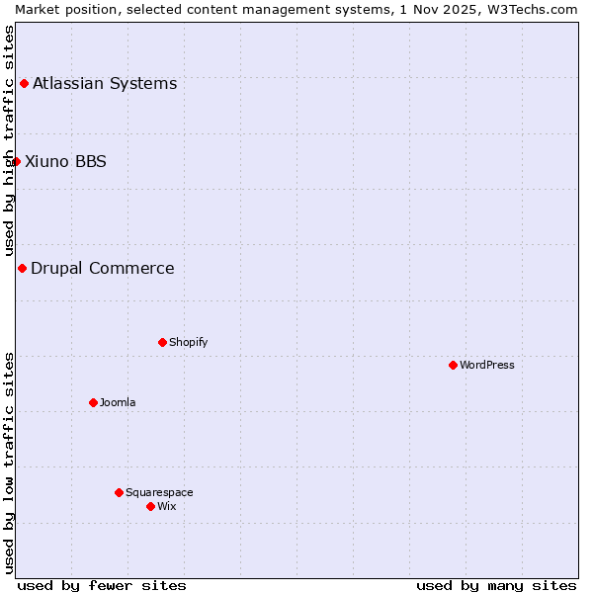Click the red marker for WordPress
click(x=453, y=365)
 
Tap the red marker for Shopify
click(x=162, y=342)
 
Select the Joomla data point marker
click(x=93, y=402)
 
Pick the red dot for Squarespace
click(x=119, y=492)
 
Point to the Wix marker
click(x=150, y=506)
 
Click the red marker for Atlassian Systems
click(x=24, y=83)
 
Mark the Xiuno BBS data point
click(x=16, y=161)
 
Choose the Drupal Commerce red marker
click(x=22, y=268)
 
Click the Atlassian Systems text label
click(x=105, y=83)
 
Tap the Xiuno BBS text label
click(x=65, y=161)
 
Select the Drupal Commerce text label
click(x=102, y=268)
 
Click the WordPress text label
click(x=487, y=365)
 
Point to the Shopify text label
click(x=188, y=342)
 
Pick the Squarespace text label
click(x=159, y=492)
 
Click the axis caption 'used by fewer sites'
click(x=102, y=585)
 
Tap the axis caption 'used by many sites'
click(x=496, y=585)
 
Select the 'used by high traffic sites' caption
click(x=9, y=141)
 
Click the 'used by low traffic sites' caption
click(x=9, y=463)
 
